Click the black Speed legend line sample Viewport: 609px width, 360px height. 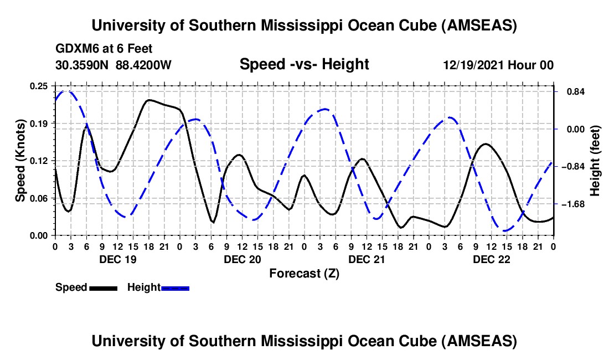(102, 287)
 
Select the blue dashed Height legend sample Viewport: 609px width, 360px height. (175, 287)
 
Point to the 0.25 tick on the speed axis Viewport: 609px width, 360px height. (40, 86)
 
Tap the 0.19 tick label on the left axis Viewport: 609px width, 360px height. (40, 123)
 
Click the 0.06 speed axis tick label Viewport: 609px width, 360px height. (40, 198)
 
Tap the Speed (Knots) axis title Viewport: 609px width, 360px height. (20, 161)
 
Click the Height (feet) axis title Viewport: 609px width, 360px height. (595, 161)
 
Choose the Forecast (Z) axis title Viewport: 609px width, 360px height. (304, 273)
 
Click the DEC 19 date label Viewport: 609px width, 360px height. (117, 259)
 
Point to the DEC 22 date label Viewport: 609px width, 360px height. (491, 259)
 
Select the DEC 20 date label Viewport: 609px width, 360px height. (242, 259)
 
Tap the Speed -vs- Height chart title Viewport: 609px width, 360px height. (304, 64)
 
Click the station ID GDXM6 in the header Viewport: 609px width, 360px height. (76, 49)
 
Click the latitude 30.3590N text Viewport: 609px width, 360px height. (83, 65)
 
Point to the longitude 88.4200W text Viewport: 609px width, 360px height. (144, 65)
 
